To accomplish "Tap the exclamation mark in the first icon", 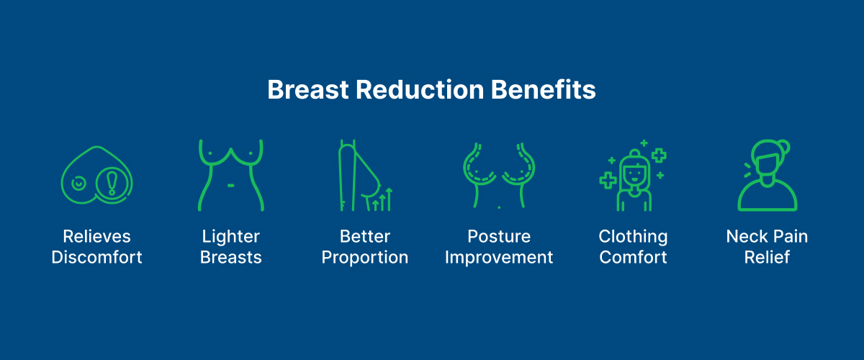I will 112,184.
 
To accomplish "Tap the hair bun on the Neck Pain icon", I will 783,147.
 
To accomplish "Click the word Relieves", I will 96,237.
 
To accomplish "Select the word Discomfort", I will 96,257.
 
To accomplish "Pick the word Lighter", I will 230,237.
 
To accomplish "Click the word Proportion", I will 365,257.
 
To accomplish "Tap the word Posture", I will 499,237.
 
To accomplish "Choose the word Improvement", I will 499,257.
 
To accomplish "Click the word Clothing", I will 634,237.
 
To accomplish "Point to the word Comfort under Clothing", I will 634,257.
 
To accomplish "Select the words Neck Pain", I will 767,237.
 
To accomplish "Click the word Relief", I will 767,257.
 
